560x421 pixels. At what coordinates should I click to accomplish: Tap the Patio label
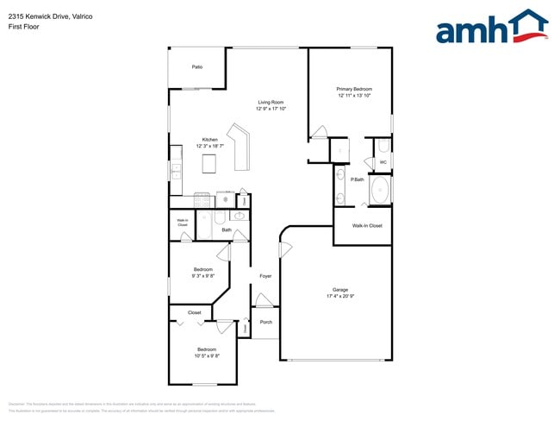tap(197, 66)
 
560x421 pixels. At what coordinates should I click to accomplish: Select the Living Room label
tap(271, 103)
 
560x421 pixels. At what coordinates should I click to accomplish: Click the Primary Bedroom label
tap(354, 89)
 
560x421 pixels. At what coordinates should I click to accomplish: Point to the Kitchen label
tap(209, 140)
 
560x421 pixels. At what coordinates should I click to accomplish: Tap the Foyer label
tap(266, 276)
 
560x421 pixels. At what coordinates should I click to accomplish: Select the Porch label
tap(266, 322)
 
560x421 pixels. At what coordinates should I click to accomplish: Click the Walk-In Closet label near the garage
tap(367, 225)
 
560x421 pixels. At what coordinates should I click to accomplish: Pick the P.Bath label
tap(357, 179)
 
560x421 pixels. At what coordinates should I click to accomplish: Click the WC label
tap(383, 161)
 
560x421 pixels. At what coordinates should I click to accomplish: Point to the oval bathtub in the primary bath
tap(379, 191)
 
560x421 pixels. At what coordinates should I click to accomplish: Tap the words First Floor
tap(25, 27)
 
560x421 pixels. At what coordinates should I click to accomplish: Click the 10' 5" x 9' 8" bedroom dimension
tap(207, 355)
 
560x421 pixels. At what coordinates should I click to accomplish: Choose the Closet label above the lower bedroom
tap(194, 312)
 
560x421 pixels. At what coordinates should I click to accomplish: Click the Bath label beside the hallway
tap(227, 230)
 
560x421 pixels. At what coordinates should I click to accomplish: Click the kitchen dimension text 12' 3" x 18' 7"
tap(210, 147)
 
